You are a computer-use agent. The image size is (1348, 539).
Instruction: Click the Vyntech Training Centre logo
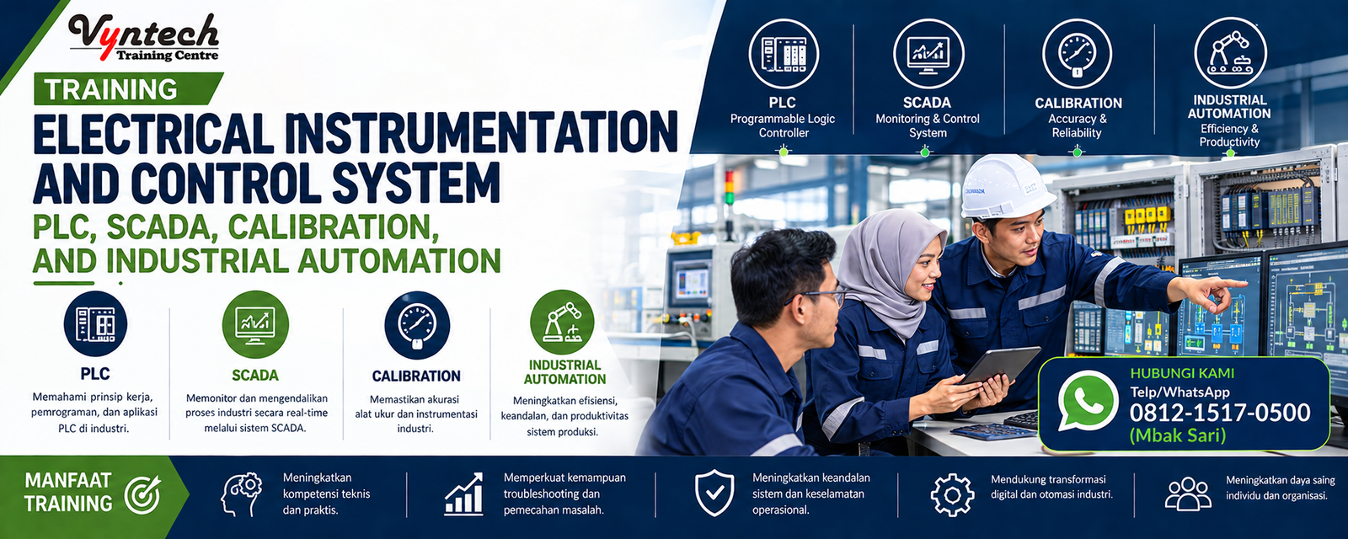[x=143, y=38]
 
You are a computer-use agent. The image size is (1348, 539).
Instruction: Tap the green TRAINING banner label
[x=128, y=89]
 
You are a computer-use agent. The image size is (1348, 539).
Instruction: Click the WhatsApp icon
[x=1088, y=400]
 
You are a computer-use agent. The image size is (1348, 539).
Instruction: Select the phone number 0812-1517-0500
[x=1220, y=413]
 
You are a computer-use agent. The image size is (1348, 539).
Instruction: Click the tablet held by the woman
[x=1000, y=366]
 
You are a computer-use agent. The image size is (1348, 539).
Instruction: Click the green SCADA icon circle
[x=255, y=324]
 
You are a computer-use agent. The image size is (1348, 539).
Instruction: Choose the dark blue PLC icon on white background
[x=95, y=323]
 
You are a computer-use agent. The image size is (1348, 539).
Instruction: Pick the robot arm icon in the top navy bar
[x=1230, y=53]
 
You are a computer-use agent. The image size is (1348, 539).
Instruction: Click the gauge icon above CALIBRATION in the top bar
[x=1078, y=54]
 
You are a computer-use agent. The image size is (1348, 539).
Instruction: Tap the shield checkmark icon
[x=714, y=494]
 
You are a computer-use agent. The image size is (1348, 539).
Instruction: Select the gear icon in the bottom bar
[x=952, y=494]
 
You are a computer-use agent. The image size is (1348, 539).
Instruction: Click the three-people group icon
[x=1188, y=494]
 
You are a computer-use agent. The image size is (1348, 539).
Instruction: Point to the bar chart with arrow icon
[x=464, y=494]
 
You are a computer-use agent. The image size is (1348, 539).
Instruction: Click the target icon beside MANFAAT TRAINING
[x=142, y=494]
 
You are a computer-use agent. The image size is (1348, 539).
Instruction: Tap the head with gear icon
[x=241, y=494]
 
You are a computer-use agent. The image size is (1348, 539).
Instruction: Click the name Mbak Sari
[x=1178, y=435]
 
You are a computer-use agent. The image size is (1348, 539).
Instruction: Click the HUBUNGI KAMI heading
[x=1182, y=373]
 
